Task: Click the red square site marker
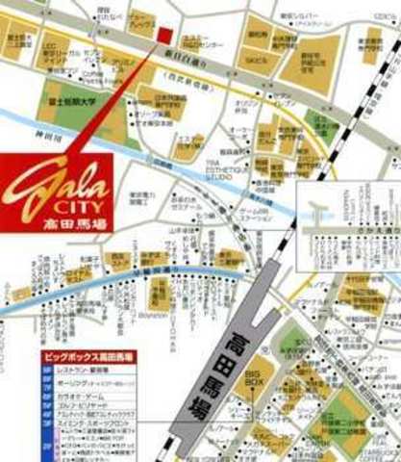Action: click(x=164, y=36)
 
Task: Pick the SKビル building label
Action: click(x=257, y=57)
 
